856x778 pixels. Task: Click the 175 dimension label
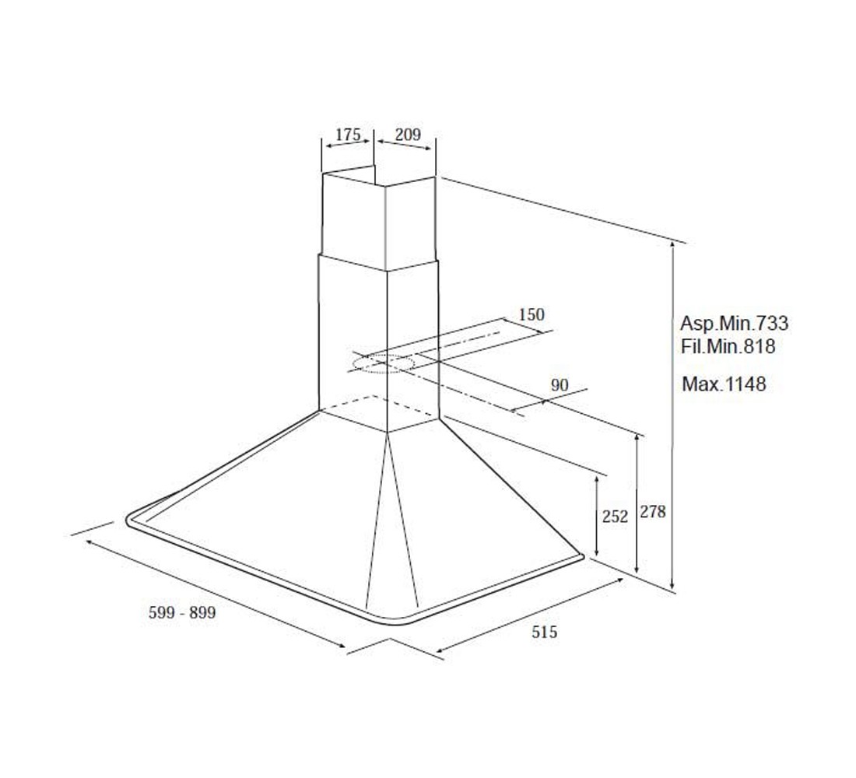(x=348, y=134)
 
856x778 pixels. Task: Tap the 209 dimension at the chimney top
(x=408, y=134)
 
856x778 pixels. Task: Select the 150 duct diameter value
(x=531, y=314)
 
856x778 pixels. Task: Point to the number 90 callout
(x=560, y=385)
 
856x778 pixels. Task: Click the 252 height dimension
(x=616, y=516)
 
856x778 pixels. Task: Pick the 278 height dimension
(x=653, y=512)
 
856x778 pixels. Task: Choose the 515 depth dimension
(x=544, y=632)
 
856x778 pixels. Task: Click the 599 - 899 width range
(x=182, y=612)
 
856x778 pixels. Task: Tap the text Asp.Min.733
(x=735, y=323)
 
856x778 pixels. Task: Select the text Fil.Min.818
(x=728, y=346)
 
